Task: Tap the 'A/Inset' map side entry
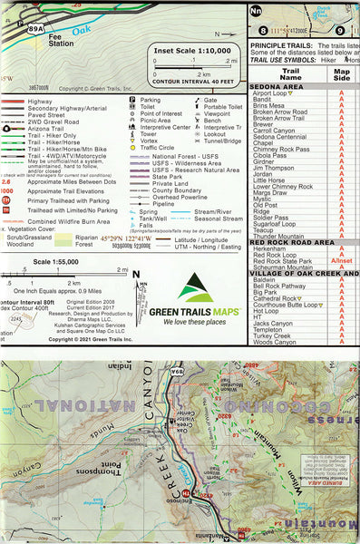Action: click(341, 261)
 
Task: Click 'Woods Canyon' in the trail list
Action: click(275, 342)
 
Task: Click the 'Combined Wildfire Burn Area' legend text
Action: click(78, 220)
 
